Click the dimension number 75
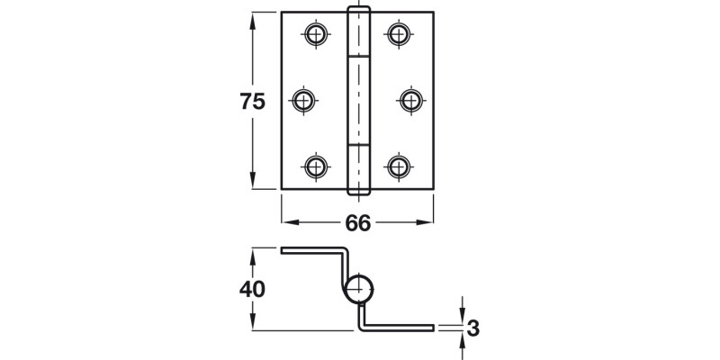(x=253, y=102)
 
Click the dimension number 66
(x=358, y=223)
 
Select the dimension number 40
(x=253, y=291)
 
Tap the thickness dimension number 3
(x=473, y=328)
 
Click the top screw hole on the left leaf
(x=315, y=35)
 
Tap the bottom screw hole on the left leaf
(x=315, y=166)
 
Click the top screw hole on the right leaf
(x=398, y=35)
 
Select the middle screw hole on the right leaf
(x=410, y=99)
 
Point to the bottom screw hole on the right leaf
(x=398, y=166)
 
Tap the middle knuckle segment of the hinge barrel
(x=358, y=100)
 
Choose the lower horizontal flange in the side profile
(x=400, y=328)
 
